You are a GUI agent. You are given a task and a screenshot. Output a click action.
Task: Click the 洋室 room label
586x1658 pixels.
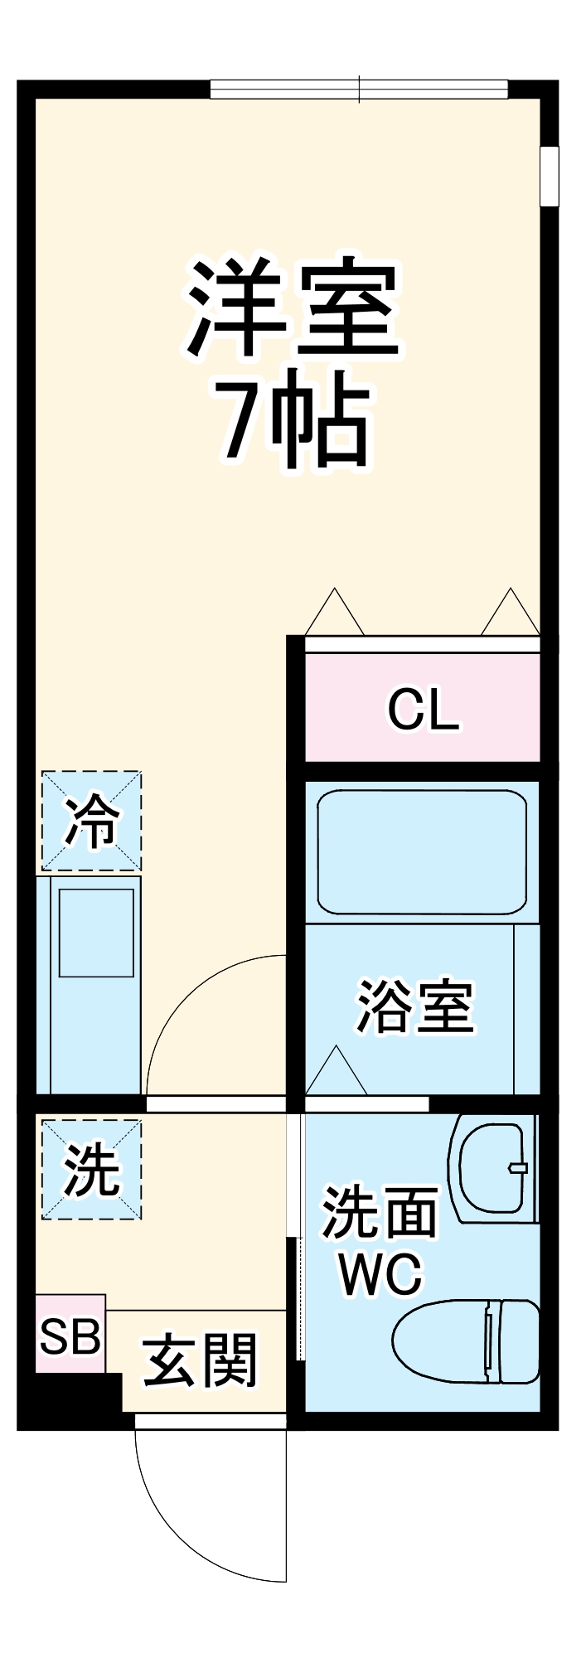[294, 308]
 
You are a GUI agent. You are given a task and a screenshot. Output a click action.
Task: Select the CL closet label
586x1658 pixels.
[423, 710]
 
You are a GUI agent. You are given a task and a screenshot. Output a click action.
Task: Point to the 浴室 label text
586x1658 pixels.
[414, 1007]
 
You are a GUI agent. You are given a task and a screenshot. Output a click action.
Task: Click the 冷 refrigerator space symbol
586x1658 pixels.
[91, 821]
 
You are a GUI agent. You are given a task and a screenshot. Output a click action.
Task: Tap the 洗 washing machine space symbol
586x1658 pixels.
[91, 1170]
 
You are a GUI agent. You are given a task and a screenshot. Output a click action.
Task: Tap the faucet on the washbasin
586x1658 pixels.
[517, 1168]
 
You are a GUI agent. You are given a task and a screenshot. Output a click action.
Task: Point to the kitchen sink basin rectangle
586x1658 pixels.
[96, 932]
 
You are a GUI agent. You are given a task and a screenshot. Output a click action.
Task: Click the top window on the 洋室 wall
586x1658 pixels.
[358, 90]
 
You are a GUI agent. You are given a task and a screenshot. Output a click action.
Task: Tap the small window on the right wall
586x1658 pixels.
[549, 176]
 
